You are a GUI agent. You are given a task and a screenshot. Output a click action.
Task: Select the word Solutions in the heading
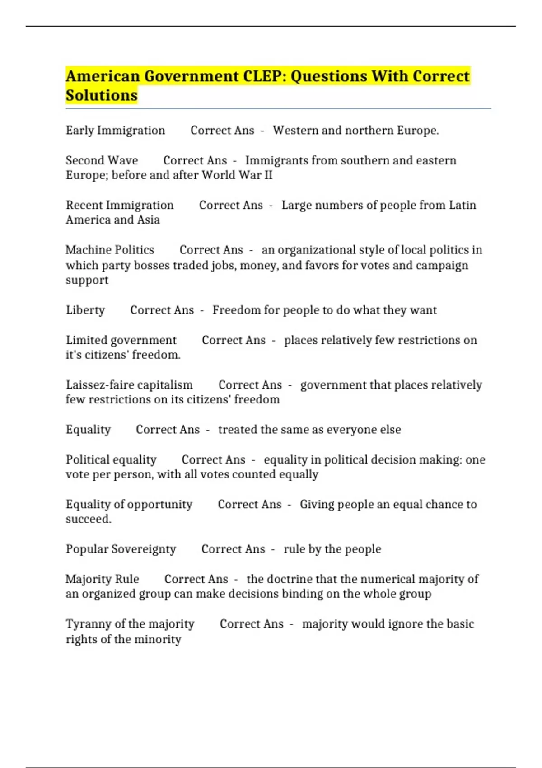pyautogui.click(x=102, y=96)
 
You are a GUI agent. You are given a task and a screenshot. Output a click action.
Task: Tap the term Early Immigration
pyautogui.click(x=115, y=131)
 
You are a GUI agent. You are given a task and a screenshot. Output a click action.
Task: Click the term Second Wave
pyautogui.click(x=102, y=160)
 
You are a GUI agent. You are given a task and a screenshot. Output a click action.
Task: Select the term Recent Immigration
pyautogui.click(x=120, y=205)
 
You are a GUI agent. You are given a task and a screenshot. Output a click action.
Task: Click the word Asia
pyautogui.click(x=149, y=220)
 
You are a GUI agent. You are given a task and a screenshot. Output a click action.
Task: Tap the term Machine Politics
pyautogui.click(x=110, y=250)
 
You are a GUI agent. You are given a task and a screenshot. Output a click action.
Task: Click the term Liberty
pyautogui.click(x=85, y=310)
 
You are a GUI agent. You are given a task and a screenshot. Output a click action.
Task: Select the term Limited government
pyautogui.click(x=121, y=340)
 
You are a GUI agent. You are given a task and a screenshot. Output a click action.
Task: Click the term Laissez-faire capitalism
pyautogui.click(x=129, y=385)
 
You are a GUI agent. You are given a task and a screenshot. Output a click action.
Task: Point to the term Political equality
pyautogui.click(x=111, y=459)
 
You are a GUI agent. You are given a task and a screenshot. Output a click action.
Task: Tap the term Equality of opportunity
pyautogui.click(x=129, y=504)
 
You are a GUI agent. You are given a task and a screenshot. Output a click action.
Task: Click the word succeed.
pyautogui.click(x=89, y=519)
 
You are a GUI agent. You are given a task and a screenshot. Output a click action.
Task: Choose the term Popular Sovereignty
pyautogui.click(x=121, y=549)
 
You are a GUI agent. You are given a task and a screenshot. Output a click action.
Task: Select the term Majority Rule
pyautogui.click(x=102, y=579)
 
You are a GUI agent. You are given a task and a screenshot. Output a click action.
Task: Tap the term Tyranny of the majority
pyautogui.click(x=130, y=624)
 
